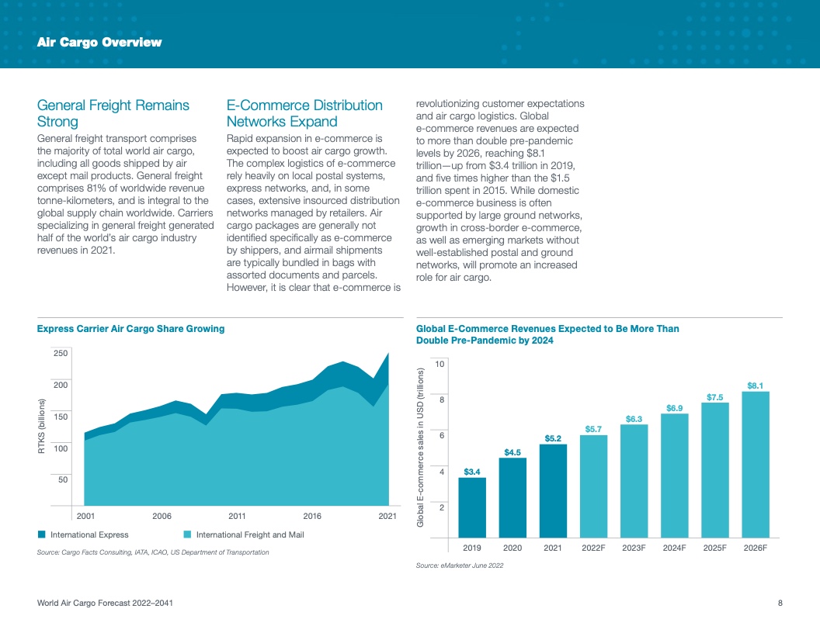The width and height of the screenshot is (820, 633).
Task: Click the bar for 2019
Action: [x=472, y=507]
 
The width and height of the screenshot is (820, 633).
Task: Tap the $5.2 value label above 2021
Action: [x=553, y=438]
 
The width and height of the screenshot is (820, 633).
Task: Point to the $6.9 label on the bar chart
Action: [x=675, y=408]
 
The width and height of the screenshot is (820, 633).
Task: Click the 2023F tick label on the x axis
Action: [x=634, y=548]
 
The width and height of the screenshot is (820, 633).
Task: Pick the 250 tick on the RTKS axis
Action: [x=60, y=353]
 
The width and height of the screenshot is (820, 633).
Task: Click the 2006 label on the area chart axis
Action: [x=162, y=516]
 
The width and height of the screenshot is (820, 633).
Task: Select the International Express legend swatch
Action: [x=42, y=534]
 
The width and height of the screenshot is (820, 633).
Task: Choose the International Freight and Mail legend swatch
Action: [x=187, y=534]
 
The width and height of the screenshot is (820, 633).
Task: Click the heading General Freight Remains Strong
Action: [x=113, y=113]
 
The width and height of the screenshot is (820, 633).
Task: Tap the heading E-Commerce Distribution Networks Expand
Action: [x=304, y=113]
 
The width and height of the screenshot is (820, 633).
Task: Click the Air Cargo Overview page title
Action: [x=99, y=43]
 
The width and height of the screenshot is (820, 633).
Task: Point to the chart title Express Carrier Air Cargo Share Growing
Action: [x=130, y=329]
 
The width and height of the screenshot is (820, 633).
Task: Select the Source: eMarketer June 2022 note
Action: [x=460, y=566]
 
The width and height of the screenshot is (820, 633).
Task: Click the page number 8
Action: [x=780, y=604]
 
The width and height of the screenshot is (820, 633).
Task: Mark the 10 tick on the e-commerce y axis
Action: [x=440, y=364]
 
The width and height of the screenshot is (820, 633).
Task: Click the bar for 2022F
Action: [x=593, y=486]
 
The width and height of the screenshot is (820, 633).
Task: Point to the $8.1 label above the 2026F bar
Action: [x=756, y=386]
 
